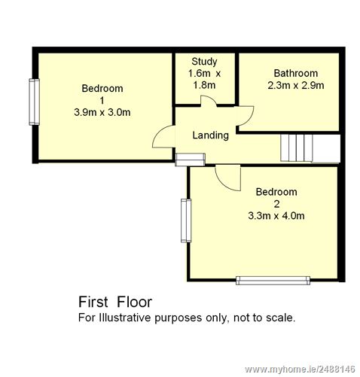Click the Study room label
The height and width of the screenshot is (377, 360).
pyautogui.click(x=204, y=62)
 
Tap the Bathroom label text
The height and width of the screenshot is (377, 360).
pyautogui.click(x=296, y=73)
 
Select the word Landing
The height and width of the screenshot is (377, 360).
pyautogui.click(x=210, y=135)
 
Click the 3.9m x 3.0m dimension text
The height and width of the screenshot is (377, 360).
pyautogui.click(x=102, y=112)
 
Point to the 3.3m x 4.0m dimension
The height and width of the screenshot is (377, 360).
pyautogui.click(x=276, y=216)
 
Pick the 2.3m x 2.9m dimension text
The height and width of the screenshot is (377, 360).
pyautogui.click(x=296, y=86)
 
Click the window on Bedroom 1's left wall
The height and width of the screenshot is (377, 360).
pyautogui.click(x=34, y=102)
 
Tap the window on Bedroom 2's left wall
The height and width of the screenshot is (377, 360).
pyautogui.click(x=186, y=220)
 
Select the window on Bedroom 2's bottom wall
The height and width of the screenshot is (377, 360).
pyautogui.click(x=273, y=281)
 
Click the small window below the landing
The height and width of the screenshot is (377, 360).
pyautogui.click(x=190, y=160)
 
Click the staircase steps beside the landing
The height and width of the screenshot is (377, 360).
pyautogui.click(x=297, y=148)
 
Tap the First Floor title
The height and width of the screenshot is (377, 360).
pyautogui.click(x=115, y=302)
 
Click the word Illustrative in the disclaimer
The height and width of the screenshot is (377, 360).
pyautogui.click(x=125, y=318)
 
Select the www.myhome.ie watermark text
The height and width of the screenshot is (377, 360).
pyautogui.click(x=300, y=369)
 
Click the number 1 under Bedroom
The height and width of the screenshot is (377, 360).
pyautogui.click(x=102, y=101)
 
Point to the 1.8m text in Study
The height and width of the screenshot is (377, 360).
pyautogui.click(x=204, y=85)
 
